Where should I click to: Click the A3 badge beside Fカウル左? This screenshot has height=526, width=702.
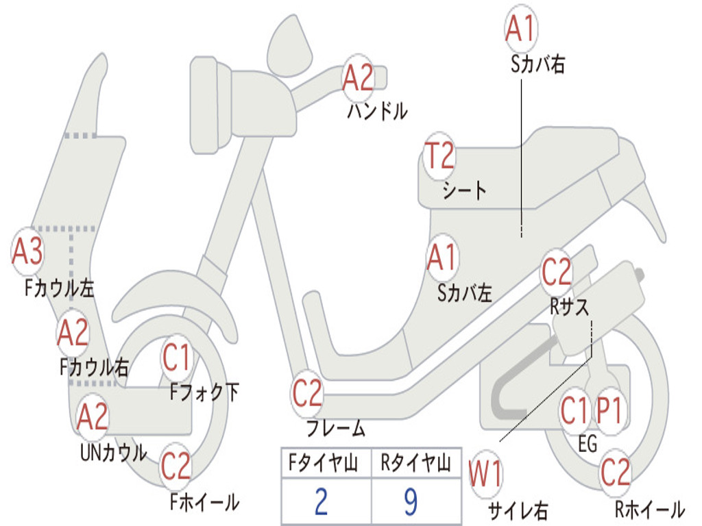[27, 251]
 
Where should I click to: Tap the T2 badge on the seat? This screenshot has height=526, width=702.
[439, 156]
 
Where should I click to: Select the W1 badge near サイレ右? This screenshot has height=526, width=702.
[486, 474]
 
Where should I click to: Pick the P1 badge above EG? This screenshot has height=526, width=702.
[609, 411]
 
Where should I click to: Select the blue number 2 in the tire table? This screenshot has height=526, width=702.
[321, 501]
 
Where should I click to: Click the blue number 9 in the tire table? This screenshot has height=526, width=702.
[411, 501]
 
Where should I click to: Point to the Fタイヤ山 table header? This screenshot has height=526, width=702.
[324, 462]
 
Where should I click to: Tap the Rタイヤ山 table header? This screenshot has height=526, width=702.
[416, 462]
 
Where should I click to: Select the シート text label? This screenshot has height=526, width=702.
[464, 190]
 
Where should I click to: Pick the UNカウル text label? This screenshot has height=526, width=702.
[113, 453]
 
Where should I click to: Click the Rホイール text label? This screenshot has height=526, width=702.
[650, 509]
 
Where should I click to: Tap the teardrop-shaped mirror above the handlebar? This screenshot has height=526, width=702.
[289, 46]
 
